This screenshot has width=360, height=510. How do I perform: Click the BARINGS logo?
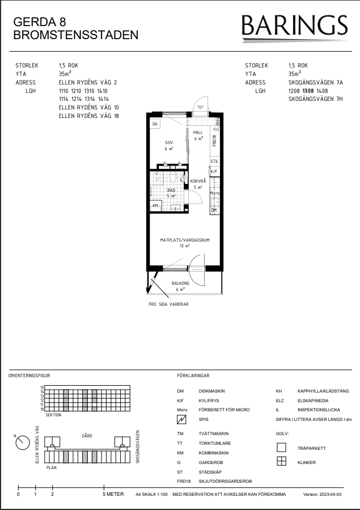[x=294, y=28]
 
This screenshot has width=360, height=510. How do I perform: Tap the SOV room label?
[x=169, y=142]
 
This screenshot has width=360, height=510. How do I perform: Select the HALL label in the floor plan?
[x=198, y=132]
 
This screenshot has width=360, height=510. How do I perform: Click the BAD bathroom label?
[x=171, y=190]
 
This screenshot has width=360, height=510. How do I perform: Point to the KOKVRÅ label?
[x=198, y=181]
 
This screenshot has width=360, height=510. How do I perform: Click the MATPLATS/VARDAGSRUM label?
[x=185, y=240]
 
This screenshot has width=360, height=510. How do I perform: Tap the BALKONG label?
[x=180, y=283]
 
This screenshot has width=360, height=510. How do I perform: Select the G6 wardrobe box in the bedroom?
[x=155, y=124]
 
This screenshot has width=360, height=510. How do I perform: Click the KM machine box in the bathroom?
[x=156, y=205]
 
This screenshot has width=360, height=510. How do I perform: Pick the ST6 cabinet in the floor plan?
[x=214, y=161]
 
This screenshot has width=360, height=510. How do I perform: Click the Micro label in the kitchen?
[x=214, y=193]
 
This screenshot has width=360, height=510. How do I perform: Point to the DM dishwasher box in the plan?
[x=214, y=210]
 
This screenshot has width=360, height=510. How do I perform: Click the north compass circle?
[x=23, y=442]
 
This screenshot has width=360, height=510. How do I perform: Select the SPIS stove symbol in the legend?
[x=181, y=420]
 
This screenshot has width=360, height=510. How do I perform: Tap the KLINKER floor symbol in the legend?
[x=281, y=462]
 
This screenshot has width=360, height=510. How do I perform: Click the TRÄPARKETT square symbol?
[x=281, y=448]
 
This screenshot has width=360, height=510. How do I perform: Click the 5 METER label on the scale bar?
[x=113, y=494]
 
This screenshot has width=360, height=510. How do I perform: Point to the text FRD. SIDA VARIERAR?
[x=168, y=305]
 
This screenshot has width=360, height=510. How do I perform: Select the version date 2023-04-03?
[x=330, y=494]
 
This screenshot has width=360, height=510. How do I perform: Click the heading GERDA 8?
[x=40, y=22]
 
